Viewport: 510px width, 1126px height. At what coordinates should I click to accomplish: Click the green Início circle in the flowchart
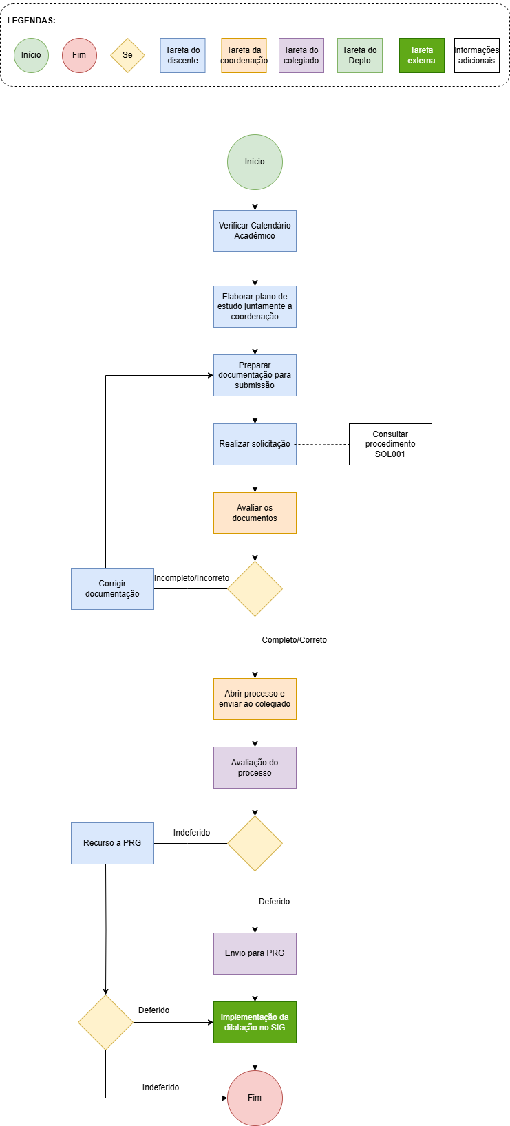(255, 162)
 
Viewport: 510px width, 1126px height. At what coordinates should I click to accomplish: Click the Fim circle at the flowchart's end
(255, 1098)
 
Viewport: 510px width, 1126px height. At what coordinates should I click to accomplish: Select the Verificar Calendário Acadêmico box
(255, 231)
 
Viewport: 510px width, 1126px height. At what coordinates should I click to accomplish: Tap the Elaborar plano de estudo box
(255, 307)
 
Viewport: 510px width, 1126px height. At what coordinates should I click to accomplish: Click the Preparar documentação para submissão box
(255, 376)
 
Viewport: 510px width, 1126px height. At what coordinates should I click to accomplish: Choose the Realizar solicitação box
(255, 445)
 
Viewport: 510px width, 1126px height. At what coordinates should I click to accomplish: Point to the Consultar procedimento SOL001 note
(390, 445)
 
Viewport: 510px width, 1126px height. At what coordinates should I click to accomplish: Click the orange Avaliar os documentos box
(255, 513)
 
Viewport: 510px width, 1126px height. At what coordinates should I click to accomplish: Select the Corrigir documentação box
(113, 588)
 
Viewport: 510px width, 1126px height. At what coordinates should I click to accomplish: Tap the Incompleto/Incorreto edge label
(191, 578)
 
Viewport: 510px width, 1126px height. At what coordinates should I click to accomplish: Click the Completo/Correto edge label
(295, 640)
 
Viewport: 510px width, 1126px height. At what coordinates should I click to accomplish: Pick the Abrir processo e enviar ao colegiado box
(255, 699)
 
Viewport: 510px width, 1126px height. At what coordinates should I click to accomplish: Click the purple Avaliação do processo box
(255, 767)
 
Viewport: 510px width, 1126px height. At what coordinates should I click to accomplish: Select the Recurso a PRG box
(113, 844)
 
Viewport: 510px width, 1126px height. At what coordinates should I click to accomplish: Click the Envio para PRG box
(255, 953)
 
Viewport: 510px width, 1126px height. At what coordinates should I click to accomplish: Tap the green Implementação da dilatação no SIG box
(255, 1023)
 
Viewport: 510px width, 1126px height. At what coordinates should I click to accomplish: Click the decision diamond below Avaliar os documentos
(255, 588)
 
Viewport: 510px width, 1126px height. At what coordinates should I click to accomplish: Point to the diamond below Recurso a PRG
(105, 1023)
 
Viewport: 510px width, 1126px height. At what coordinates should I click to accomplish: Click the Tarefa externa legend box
(422, 55)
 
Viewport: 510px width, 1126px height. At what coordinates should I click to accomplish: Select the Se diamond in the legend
(127, 55)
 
